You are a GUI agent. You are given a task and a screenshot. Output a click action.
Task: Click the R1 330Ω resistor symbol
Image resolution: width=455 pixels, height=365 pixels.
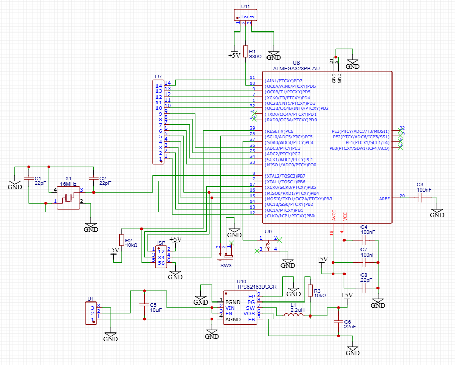pyautogui.click(x=246, y=52)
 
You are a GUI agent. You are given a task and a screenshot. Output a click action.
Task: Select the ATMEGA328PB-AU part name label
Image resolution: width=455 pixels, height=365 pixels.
pyautogui.click(x=296, y=68)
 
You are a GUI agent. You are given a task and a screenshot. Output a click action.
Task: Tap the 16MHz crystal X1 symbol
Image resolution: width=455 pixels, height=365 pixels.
pyautogui.click(x=68, y=197)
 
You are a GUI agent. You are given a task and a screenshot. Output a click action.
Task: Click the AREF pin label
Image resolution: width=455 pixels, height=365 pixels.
pyautogui.click(x=384, y=198)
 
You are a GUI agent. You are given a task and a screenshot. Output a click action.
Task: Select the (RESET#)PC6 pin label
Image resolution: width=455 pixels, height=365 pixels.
pyautogui.click(x=279, y=131)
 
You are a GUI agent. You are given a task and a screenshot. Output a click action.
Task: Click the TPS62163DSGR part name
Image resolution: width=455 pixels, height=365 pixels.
pyautogui.click(x=257, y=287)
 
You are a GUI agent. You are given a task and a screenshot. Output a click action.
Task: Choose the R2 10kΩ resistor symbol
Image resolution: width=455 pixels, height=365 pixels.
pyautogui.click(x=122, y=240)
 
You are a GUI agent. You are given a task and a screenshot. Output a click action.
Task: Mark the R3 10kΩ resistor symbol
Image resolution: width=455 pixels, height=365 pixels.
pyautogui.click(x=310, y=291)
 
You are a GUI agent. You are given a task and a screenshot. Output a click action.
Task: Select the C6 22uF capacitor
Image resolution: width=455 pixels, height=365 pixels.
pyautogui.click(x=338, y=321)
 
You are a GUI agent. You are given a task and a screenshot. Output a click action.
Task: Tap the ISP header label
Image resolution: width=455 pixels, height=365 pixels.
pyautogui.click(x=161, y=243)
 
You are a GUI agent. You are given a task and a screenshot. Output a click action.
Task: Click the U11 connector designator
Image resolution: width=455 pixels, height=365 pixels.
pyautogui.click(x=245, y=7)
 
